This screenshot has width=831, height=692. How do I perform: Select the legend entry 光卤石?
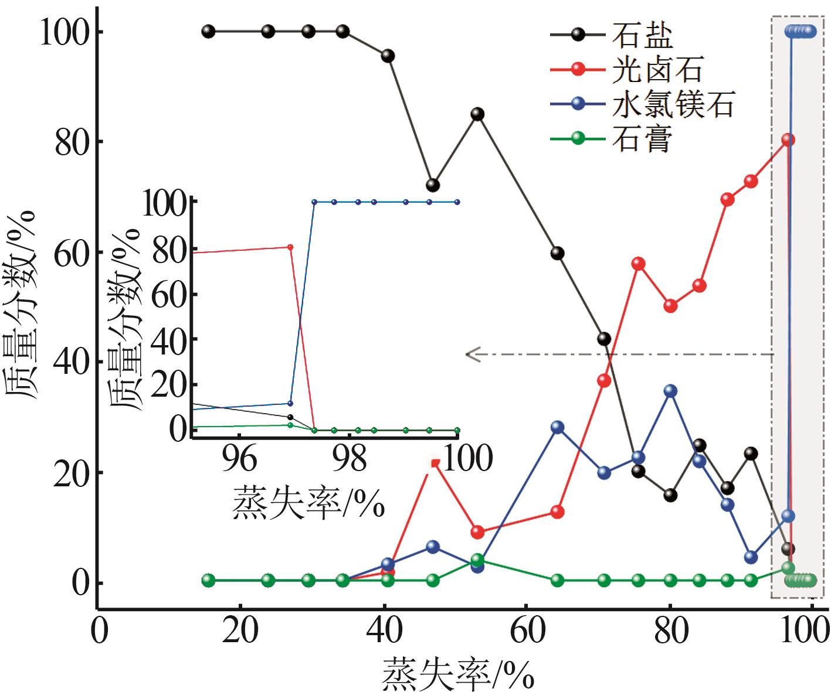pyautogui.click(x=657, y=70)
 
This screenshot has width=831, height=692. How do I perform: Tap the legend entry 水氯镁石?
pyautogui.click(x=673, y=104)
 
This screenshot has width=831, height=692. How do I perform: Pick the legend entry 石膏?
pyautogui.click(x=642, y=139)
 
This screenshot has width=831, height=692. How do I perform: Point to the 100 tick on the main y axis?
pyautogui.click(x=63, y=32)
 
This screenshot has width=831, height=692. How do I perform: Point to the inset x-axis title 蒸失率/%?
pyautogui.click(x=308, y=503)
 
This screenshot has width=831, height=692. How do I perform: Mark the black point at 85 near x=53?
pyautogui.click(x=477, y=114)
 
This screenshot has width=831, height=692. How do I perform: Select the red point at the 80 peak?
pyautogui.click(x=788, y=139)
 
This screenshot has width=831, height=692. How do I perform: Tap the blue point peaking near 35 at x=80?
pyautogui.click(x=670, y=391)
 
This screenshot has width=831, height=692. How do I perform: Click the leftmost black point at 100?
pyautogui.click(x=208, y=31)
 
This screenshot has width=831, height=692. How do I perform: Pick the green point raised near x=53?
pyautogui.click(x=477, y=560)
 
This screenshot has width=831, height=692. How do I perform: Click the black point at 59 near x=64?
pyautogui.click(x=557, y=253)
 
